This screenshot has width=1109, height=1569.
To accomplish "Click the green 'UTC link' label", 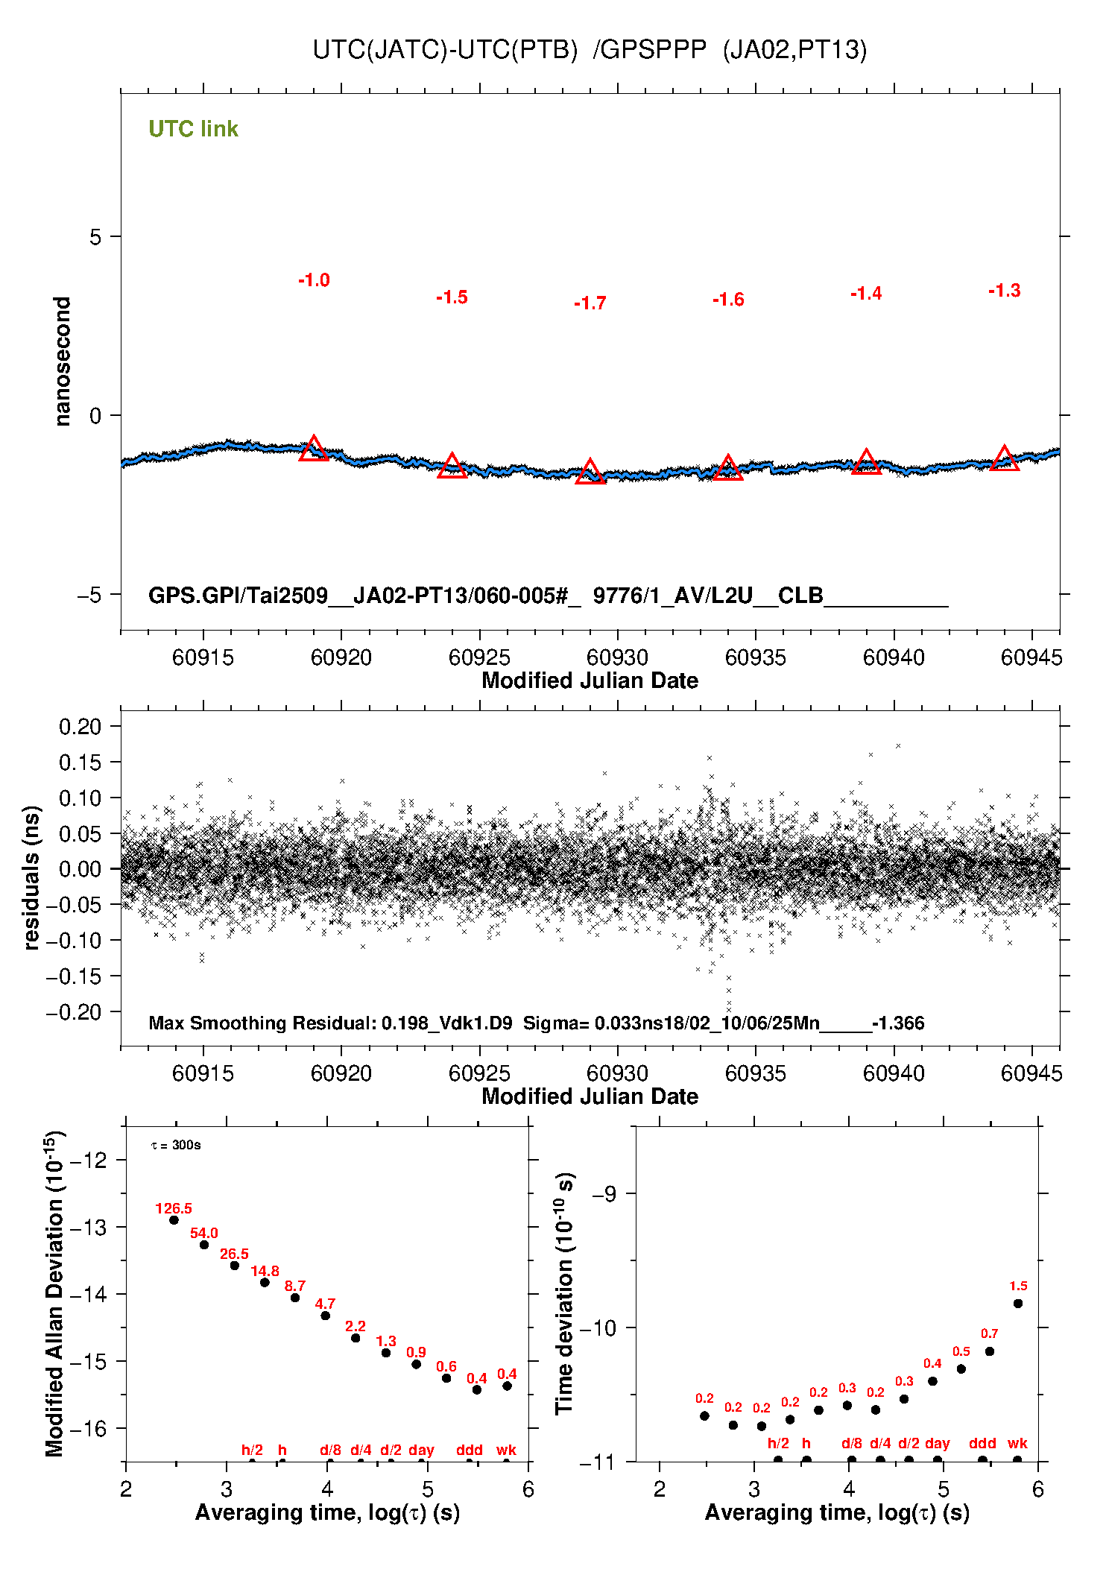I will (x=193, y=129).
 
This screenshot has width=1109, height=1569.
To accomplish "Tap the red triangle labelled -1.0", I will (x=314, y=449).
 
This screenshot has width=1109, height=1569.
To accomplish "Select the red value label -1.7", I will (x=590, y=303).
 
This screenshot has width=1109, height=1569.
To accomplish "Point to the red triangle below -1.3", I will (x=1004, y=458).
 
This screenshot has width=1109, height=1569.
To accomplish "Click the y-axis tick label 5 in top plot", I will (x=95, y=237).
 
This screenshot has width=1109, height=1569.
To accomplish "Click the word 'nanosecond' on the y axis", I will (x=63, y=362).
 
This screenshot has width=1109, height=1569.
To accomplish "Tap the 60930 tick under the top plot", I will (x=617, y=657).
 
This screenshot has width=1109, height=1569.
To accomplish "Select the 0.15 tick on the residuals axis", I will (x=80, y=762).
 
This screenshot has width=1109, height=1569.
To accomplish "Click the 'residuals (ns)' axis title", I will (x=31, y=877).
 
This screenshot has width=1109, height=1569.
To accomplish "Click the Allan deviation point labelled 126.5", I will (x=174, y=1220).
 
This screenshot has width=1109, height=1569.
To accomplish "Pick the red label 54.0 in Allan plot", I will (x=203, y=1234).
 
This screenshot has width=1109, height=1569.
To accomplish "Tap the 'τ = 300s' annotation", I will (x=176, y=1145).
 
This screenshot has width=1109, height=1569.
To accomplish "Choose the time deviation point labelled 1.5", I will (x=1018, y=1304).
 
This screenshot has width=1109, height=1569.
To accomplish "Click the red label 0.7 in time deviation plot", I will (x=989, y=1333).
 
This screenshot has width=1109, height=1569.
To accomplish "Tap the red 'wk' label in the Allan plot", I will (x=506, y=1450).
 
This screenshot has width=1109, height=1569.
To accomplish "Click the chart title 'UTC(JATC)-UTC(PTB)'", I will (x=445, y=50).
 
